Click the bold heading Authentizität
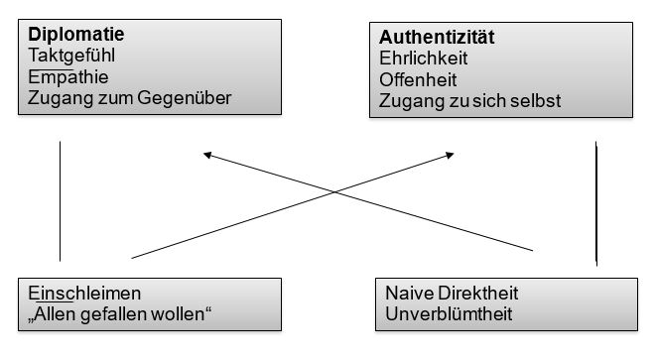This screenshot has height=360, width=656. [438, 38]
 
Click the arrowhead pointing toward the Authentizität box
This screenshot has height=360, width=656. [452, 154]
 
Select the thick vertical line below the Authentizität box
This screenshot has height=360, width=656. [595, 203]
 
